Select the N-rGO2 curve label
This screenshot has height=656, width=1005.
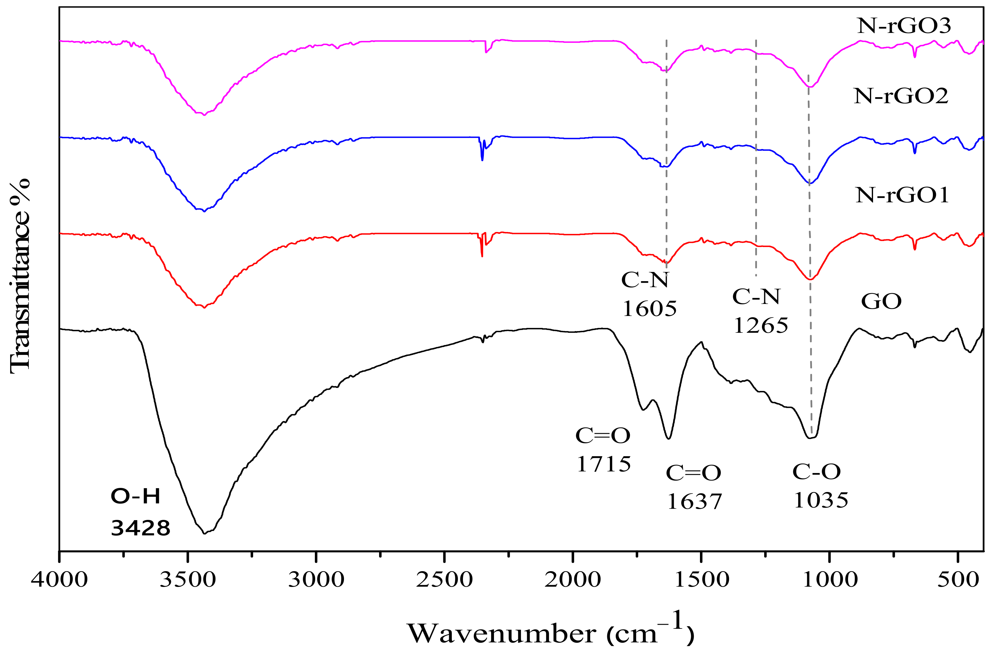click(901, 96)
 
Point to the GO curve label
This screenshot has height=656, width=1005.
click(881, 302)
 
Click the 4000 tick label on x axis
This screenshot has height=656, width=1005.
click(60, 580)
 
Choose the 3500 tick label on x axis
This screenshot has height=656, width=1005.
click(188, 580)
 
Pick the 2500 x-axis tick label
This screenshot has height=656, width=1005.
click(444, 580)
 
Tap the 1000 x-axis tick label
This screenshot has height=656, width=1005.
click(830, 580)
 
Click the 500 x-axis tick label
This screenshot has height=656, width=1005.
click(958, 580)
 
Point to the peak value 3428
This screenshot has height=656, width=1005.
click(140, 528)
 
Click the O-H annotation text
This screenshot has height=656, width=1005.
click(135, 496)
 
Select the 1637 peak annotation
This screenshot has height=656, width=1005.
click(694, 502)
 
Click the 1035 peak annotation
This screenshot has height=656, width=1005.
click(821, 501)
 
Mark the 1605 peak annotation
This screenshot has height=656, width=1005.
click(649, 309)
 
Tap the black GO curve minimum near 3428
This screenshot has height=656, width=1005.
click(205, 533)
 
